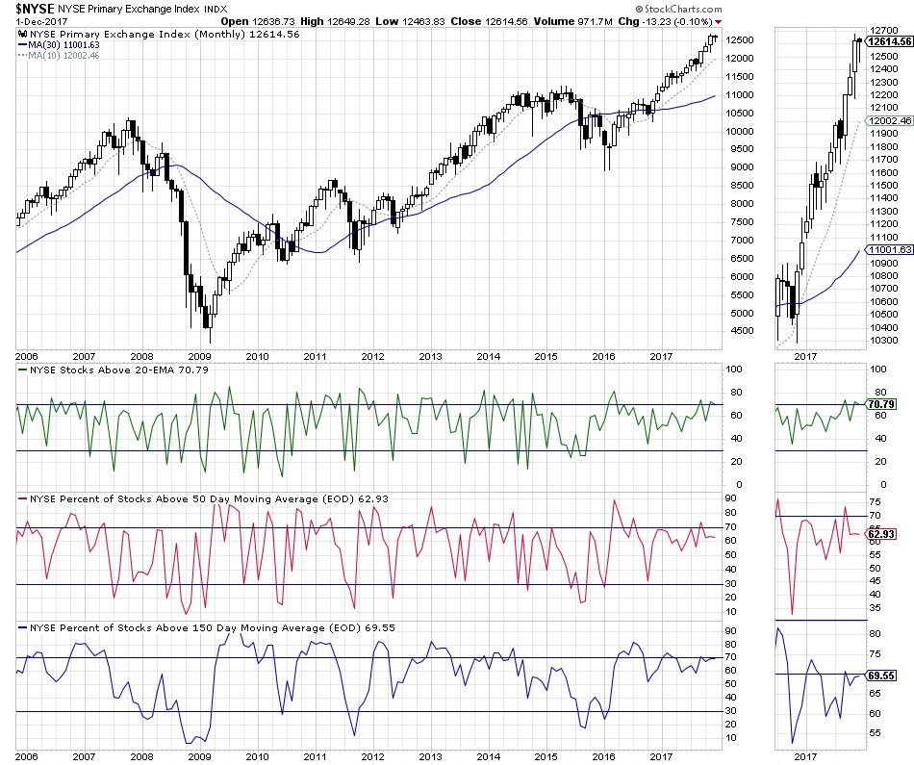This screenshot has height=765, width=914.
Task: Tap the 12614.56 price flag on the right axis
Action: point(888,42)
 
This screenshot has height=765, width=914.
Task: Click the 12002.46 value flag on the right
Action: point(888,121)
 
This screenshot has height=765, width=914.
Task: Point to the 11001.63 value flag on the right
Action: point(888,249)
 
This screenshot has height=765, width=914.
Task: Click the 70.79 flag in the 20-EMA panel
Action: point(881,404)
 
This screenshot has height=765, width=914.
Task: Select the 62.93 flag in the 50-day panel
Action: point(881,533)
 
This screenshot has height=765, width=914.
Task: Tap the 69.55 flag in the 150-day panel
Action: point(881,676)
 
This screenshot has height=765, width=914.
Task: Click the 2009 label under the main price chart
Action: point(199,355)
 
